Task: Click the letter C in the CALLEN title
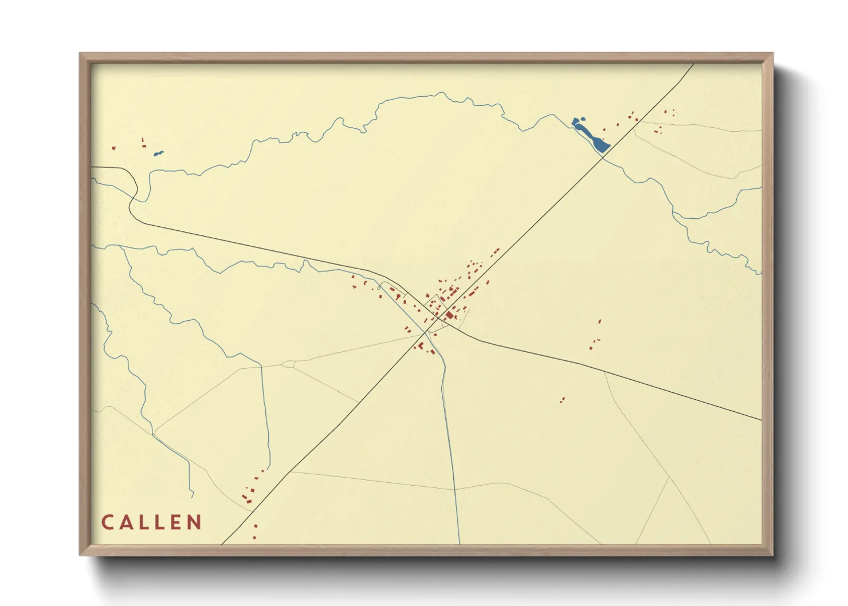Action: pyautogui.click(x=107, y=522)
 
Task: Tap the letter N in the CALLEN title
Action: pyautogui.click(x=195, y=522)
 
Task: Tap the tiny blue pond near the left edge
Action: pyautogui.click(x=158, y=153)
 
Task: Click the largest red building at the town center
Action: pyautogui.click(x=450, y=315)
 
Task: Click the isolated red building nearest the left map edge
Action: pyautogui.click(x=113, y=148)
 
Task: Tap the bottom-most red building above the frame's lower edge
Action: pyautogui.click(x=254, y=537)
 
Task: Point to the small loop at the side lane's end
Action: pyautogui.click(x=288, y=364)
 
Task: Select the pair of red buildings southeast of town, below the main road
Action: pyautogui.click(x=563, y=400)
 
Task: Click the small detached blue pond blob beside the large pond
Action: pyautogui.click(x=576, y=121)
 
